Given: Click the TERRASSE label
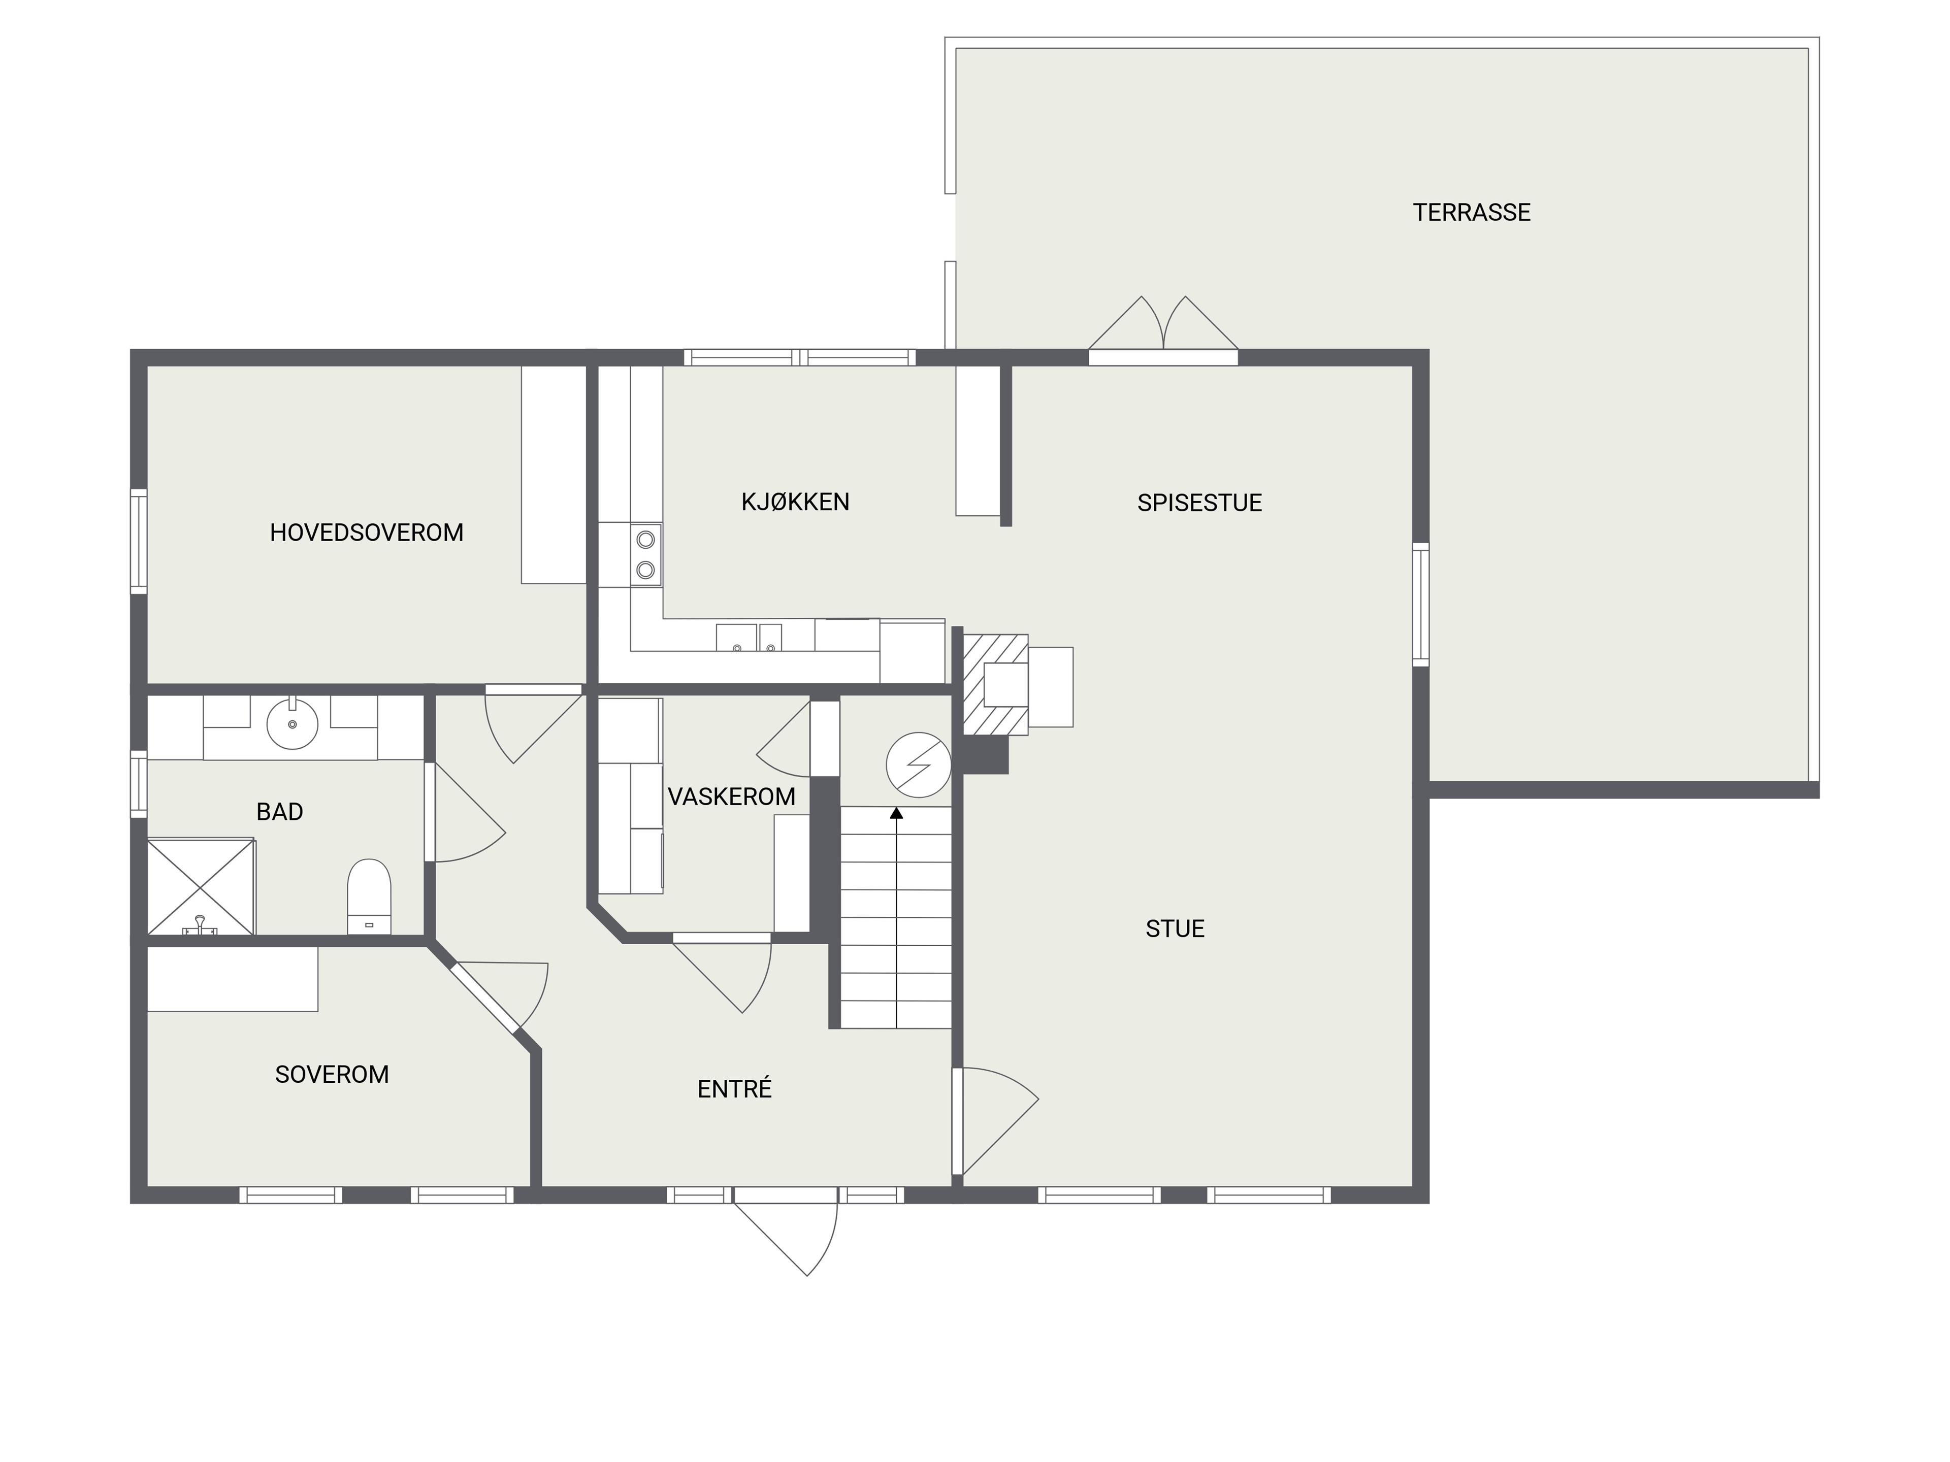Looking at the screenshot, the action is point(1471,212).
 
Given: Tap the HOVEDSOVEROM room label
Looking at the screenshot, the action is point(367,533).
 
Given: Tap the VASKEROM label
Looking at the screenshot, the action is point(732,796).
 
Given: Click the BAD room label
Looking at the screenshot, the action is point(279,812).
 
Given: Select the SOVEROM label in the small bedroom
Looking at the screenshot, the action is point(332,1074).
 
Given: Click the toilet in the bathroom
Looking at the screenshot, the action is point(369,896).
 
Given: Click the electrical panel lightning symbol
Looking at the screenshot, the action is point(919,765).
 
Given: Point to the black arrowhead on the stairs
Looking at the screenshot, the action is point(896,813).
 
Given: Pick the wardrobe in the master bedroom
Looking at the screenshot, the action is point(554,474).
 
